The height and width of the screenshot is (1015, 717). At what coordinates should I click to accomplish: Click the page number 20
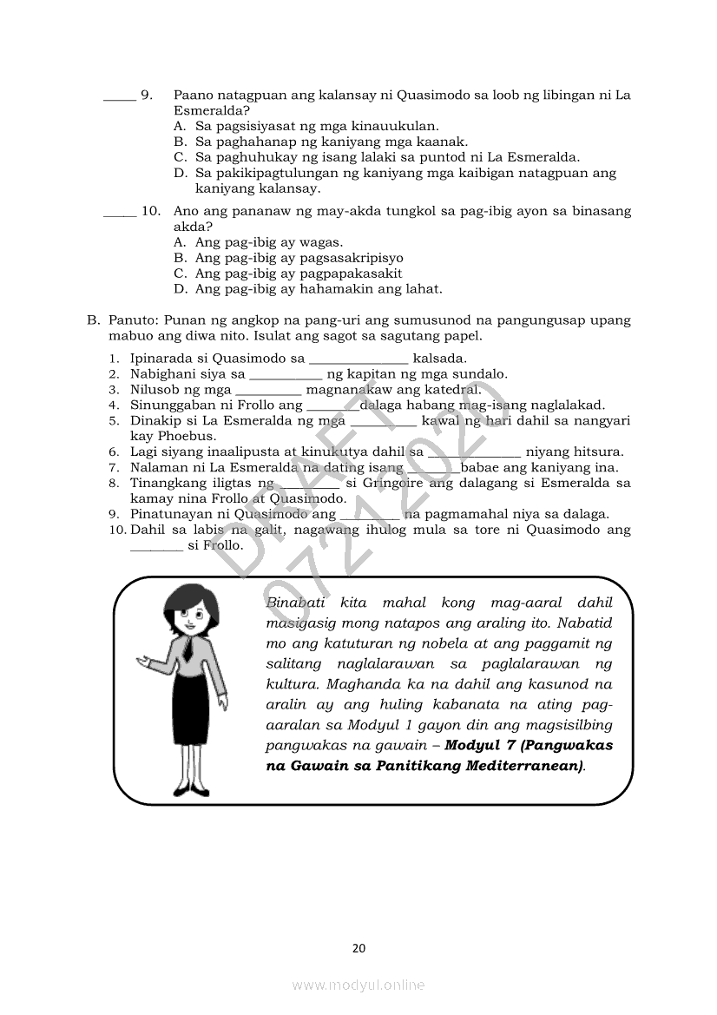click(x=358, y=948)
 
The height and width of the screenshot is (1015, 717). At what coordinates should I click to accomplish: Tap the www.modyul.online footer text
click(x=358, y=985)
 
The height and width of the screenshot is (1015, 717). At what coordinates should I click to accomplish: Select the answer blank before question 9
click(x=119, y=96)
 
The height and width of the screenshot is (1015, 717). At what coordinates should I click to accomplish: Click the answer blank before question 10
click(x=119, y=212)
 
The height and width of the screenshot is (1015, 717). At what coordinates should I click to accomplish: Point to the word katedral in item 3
click(x=451, y=390)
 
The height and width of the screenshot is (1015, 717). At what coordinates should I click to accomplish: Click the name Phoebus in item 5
click(x=161, y=436)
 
